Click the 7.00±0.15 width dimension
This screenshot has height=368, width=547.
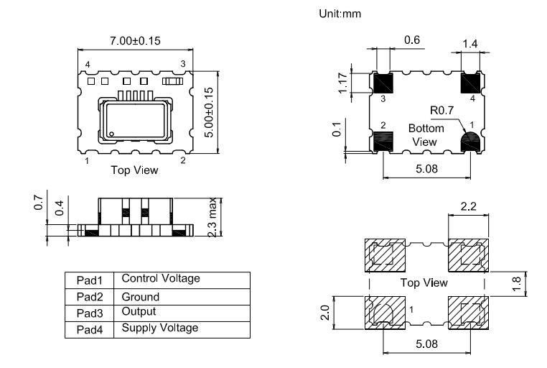[136, 41]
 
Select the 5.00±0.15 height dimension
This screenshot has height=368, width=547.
[208, 112]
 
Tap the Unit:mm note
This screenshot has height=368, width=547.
[340, 14]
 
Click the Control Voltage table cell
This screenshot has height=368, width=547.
[161, 278]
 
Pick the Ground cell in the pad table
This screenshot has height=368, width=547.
[141, 297]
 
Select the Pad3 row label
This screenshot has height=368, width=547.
[90, 313]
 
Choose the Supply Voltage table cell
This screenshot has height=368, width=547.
[160, 328]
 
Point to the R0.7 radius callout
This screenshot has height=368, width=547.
[441, 111]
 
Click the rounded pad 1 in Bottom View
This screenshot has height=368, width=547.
[471, 142]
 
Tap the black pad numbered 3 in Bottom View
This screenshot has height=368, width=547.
[383, 83]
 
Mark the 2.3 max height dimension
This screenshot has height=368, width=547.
[212, 217]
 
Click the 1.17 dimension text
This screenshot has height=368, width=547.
[343, 83]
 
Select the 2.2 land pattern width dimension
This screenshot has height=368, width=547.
[468, 206]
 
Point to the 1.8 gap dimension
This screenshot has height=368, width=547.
[516, 284]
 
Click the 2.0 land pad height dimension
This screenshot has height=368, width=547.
[324, 313]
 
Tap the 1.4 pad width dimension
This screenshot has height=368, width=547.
[470, 44]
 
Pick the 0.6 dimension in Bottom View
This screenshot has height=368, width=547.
[412, 40]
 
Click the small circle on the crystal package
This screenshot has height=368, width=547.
[112, 134]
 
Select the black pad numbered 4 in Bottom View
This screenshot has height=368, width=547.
[471, 83]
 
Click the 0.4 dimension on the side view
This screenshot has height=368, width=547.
[60, 208]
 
